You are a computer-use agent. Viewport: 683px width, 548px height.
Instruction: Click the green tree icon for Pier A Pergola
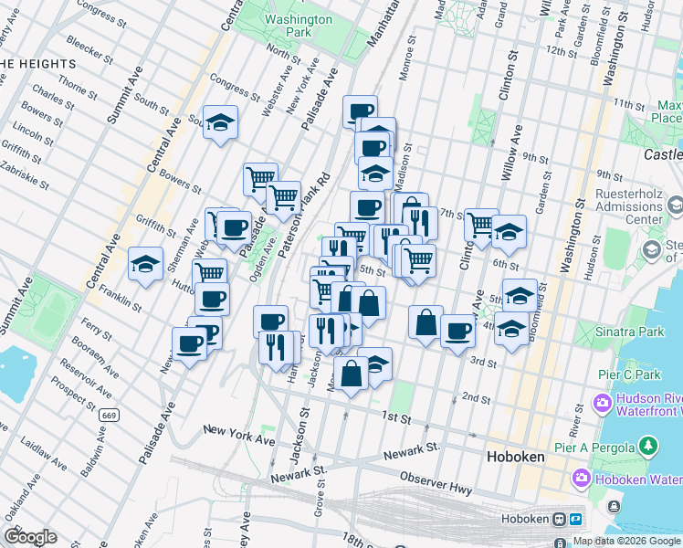pos(648,446)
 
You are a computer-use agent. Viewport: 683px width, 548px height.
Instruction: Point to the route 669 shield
pos(109,415)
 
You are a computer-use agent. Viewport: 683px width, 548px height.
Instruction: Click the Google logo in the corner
pos(30,536)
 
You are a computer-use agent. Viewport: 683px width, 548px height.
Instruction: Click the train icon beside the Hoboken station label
pos(559,519)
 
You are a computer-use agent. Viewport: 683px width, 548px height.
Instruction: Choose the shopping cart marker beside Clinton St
pos(480,225)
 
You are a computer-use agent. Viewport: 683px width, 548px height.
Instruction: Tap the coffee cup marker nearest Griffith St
pos(234,226)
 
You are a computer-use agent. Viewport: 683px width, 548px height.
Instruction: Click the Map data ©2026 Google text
pos(625,541)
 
